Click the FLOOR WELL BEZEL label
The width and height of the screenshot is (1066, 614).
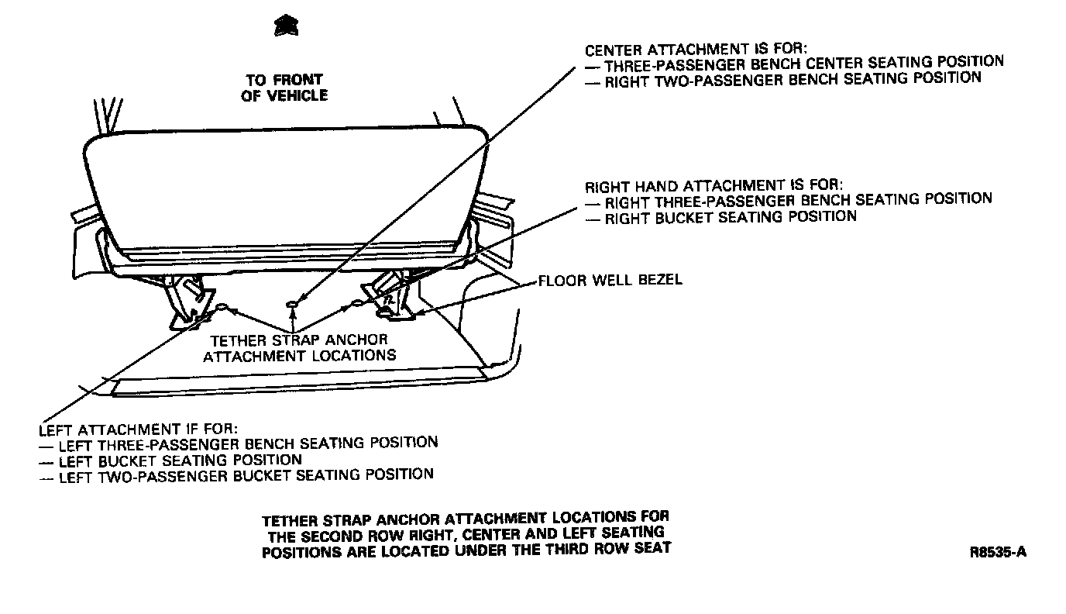click(x=610, y=280)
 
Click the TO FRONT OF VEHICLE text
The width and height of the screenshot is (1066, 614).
click(x=284, y=88)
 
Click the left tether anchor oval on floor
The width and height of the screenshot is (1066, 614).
click(x=222, y=308)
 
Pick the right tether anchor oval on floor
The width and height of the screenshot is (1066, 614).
click(x=358, y=304)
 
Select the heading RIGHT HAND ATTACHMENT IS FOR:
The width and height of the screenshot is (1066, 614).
click(x=714, y=186)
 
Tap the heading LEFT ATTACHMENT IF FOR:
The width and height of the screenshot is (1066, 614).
click(x=138, y=429)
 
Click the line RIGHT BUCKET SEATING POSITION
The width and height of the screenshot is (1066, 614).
click(x=730, y=217)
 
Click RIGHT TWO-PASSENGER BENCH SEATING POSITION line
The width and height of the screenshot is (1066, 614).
click(x=792, y=79)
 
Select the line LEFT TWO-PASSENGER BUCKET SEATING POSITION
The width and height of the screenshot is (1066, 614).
click(x=246, y=474)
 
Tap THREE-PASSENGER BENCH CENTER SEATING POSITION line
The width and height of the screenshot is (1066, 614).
click(x=803, y=62)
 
